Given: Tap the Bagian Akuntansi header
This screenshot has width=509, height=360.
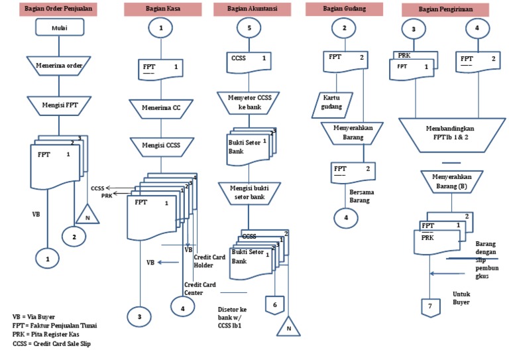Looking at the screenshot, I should click(253, 10).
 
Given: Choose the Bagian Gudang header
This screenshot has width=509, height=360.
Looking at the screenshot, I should click(344, 9).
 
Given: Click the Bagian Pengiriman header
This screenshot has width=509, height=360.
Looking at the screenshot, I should click(445, 10).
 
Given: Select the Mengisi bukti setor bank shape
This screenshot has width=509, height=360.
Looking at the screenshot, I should click(248, 193).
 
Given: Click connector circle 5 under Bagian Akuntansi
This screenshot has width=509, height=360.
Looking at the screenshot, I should click(249, 28).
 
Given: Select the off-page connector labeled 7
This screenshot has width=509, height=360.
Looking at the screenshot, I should click(429, 308).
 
